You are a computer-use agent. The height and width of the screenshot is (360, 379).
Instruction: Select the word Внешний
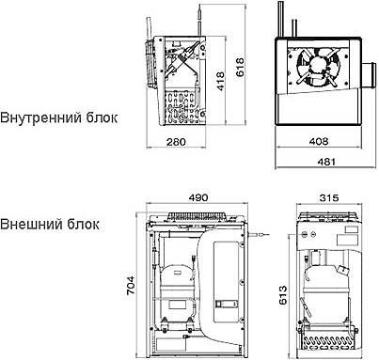click(x=30, y=226)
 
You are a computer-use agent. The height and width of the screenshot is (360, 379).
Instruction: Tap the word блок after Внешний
click(x=84, y=226)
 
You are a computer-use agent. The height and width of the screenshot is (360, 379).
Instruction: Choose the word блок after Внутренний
click(x=100, y=119)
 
